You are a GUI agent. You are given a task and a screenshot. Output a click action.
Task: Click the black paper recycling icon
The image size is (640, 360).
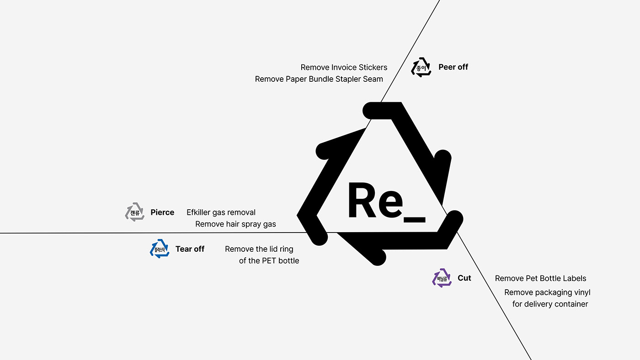pyautogui.click(x=421, y=67)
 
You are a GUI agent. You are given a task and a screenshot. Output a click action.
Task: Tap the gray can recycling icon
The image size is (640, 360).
pyautogui.click(x=135, y=212)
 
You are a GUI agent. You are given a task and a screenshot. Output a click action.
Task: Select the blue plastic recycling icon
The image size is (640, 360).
pyautogui.click(x=160, y=249)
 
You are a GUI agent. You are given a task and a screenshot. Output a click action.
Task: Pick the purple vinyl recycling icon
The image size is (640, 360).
pyautogui.click(x=442, y=278)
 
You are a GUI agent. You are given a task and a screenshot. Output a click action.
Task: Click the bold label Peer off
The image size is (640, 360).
pyautogui.click(x=453, y=67)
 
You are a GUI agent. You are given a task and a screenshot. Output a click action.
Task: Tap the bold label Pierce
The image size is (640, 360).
pyautogui.click(x=162, y=212)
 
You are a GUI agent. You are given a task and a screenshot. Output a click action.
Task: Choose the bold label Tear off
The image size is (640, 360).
pyautogui.click(x=190, y=249)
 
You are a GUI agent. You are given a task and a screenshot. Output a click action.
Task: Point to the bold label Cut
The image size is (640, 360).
pyautogui.click(x=464, y=278)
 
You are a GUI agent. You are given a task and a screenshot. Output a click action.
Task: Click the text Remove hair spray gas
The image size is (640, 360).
pyautogui.click(x=235, y=224)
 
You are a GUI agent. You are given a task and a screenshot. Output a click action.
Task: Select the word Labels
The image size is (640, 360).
pyautogui.click(x=572, y=279)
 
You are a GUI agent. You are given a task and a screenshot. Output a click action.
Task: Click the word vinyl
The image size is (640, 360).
pyautogui.click(x=581, y=292)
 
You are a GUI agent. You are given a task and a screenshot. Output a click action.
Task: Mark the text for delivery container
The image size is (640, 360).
pyautogui.click(x=550, y=304)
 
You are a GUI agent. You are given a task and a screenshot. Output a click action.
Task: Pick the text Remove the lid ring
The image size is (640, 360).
pyautogui.click(x=259, y=249)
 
